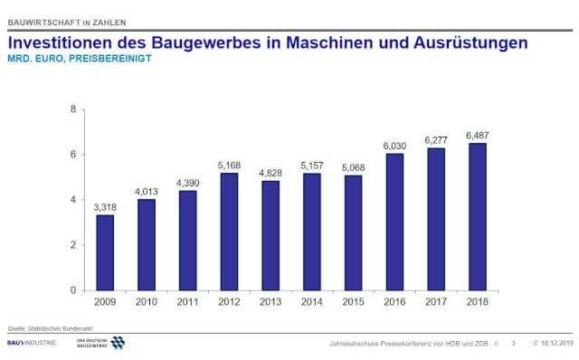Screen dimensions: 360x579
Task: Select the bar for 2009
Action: coord(105,252)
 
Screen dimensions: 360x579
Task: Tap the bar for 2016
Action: coord(394,222)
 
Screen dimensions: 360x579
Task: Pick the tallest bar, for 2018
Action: coord(477,216)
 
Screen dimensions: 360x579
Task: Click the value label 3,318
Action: coord(105,207)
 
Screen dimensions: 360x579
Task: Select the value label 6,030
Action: coord(394,145)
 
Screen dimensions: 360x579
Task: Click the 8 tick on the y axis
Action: coord(72,109)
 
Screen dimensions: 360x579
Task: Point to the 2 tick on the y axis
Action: coord(72,245)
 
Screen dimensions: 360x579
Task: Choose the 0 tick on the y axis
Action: coord(72,290)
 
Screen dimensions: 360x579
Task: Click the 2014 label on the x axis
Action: coord(311,302)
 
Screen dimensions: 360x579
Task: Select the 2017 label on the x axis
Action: coord(435,302)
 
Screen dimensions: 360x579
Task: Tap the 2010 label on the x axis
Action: coord(147,302)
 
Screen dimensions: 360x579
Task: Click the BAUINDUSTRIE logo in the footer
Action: coord(32,343)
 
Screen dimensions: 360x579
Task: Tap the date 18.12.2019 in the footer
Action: coord(555,344)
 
